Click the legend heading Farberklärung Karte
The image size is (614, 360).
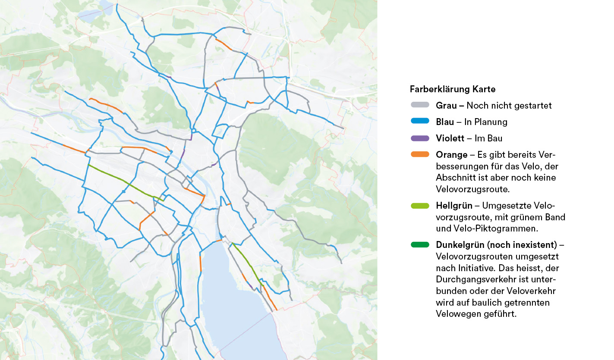(452, 89)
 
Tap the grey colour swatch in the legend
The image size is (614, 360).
(420, 105)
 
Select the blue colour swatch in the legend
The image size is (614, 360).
(420, 122)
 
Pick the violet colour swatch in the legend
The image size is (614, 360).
(420, 138)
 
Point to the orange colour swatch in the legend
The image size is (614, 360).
(420, 154)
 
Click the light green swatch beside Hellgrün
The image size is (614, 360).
(420, 205)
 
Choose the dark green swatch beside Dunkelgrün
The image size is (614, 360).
(420, 245)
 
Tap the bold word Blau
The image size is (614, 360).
(445, 122)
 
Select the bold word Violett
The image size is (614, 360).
(450, 138)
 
